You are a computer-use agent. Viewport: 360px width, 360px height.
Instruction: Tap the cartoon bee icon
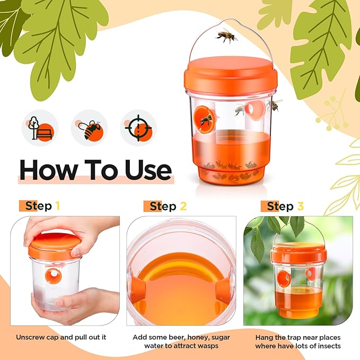[89, 128]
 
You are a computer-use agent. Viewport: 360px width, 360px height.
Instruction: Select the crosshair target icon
[139, 128]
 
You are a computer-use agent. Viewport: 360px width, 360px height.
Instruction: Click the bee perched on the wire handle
[226, 36]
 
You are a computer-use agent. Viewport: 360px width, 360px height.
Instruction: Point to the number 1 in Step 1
[57, 206]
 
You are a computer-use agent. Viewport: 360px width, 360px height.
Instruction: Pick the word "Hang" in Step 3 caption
[265, 337]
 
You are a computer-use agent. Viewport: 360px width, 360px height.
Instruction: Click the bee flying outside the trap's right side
[274, 104]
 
